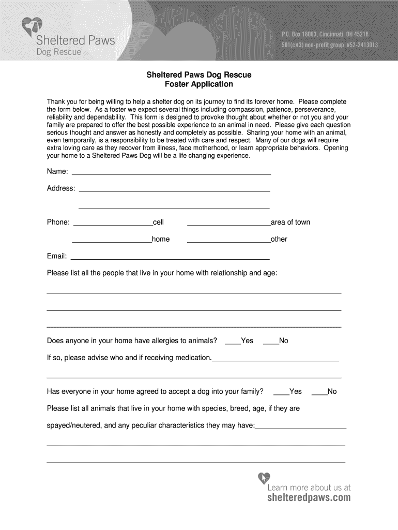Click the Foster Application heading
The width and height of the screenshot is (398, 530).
[x=199, y=84]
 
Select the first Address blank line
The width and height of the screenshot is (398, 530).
[x=174, y=191]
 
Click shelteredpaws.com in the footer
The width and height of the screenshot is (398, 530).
[x=309, y=498]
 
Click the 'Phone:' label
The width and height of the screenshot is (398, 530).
[x=58, y=223]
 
